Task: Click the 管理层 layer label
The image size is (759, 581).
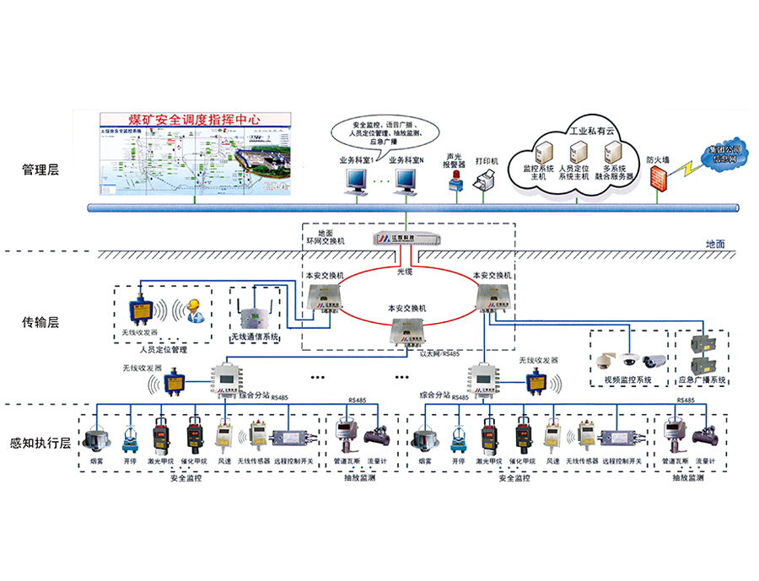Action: tap(41, 170)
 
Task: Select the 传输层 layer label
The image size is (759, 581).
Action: tap(41, 321)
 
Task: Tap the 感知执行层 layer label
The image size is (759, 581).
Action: tap(41, 442)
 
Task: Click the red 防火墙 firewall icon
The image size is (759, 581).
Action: tap(659, 179)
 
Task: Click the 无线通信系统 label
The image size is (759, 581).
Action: tap(254, 340)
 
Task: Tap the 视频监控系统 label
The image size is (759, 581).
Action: tap(628, 379)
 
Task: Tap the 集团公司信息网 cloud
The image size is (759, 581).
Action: tap(719, 154)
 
